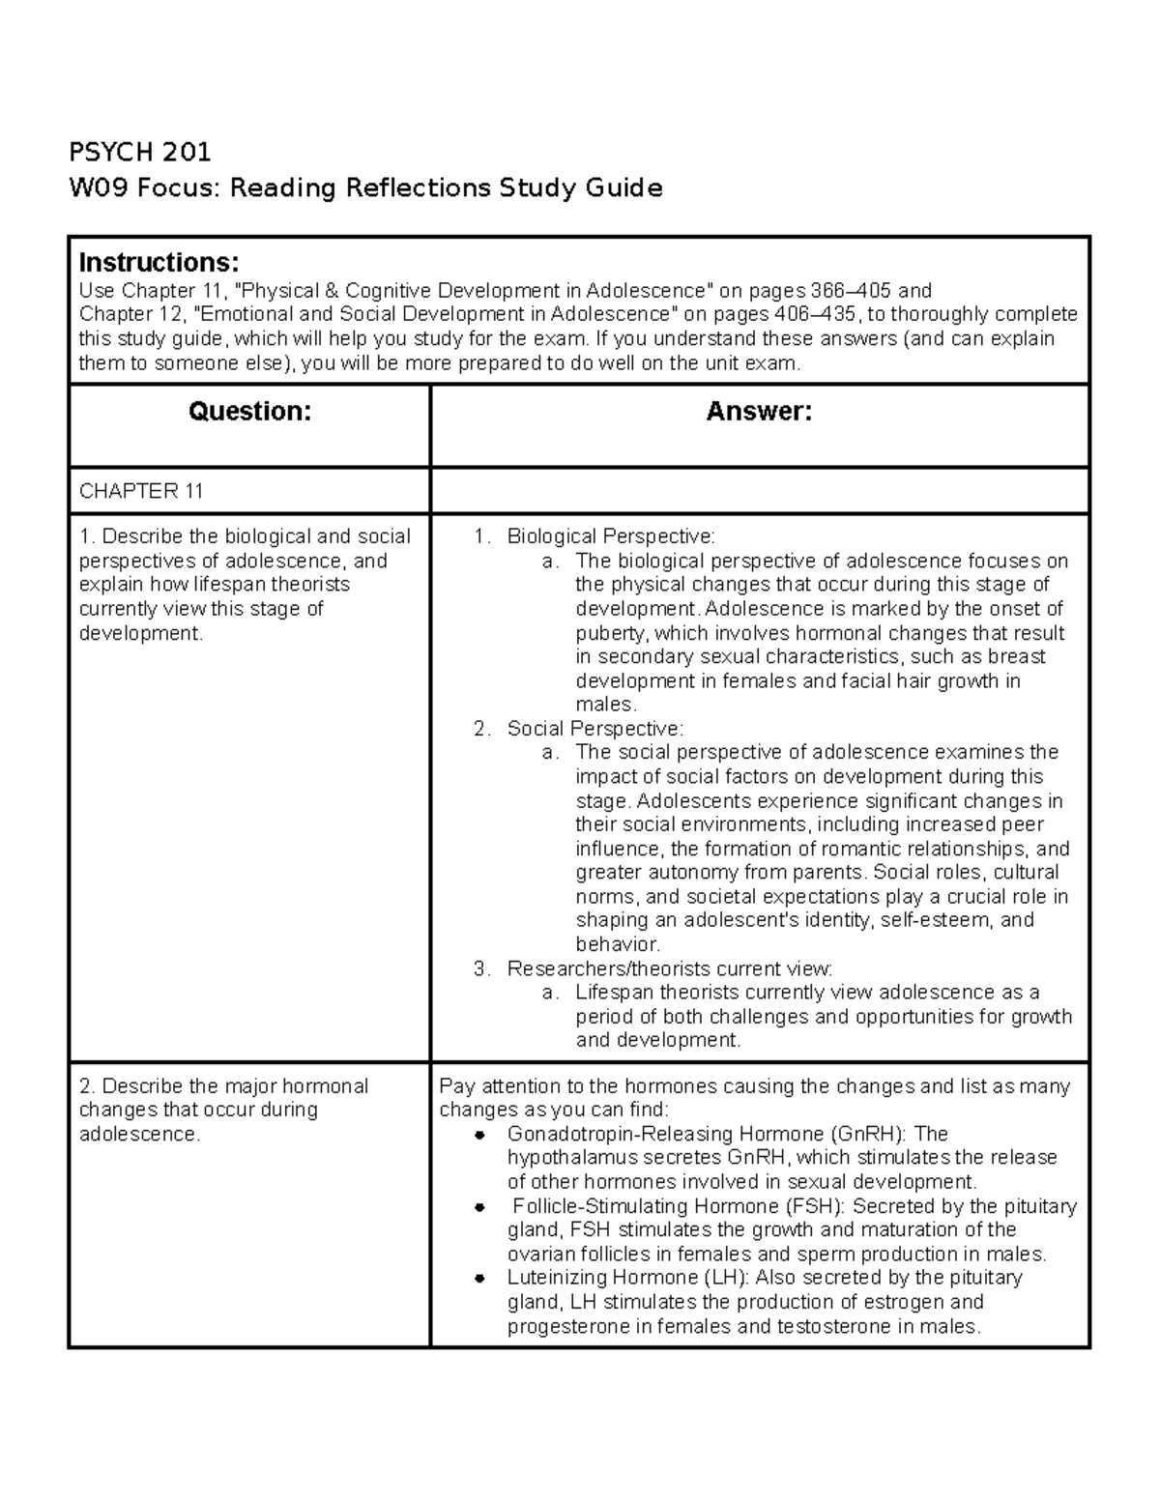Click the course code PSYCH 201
[x=139, y=152]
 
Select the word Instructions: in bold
[x=159, y=263]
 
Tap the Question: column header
[x=249, y=412]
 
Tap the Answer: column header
[x=759, y=412]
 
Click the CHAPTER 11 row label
[x=141, y=491]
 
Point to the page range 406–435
[x=814, y=314]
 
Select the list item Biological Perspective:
[x=611, y=536]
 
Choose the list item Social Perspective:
[x=594, y=729]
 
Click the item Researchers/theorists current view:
[x=669, y=968]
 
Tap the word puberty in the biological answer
[x=613, y=633]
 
